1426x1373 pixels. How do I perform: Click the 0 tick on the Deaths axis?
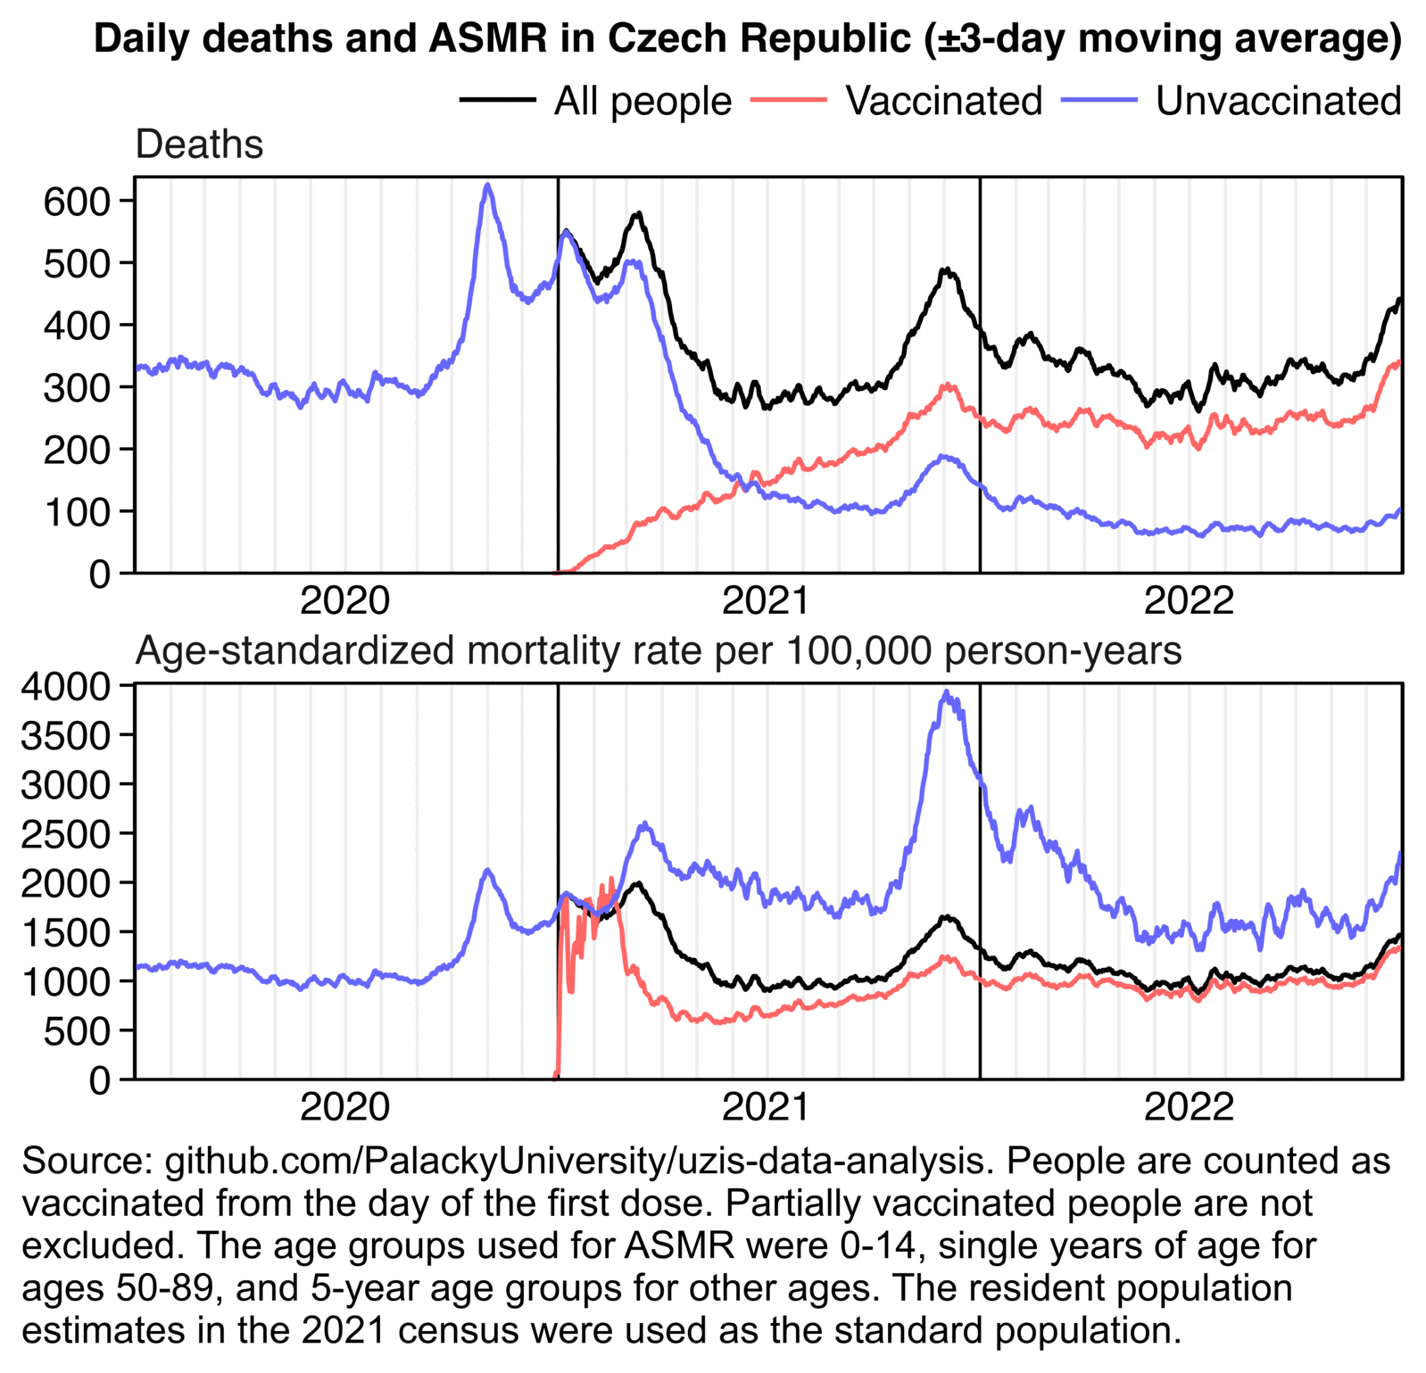point(100,574)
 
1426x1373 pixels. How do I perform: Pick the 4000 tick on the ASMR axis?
point(64,685)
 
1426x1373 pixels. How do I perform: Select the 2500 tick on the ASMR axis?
point(64,833)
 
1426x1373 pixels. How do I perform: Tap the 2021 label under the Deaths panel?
point(766,600)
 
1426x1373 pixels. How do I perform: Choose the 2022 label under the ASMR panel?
point(1189,1107)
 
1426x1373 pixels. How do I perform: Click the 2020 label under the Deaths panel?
point(344,600)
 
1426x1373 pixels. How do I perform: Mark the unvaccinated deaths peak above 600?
point(487,186)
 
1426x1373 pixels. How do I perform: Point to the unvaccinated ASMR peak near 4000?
point(947,692)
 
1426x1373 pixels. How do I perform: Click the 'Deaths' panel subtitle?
point(199,145)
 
